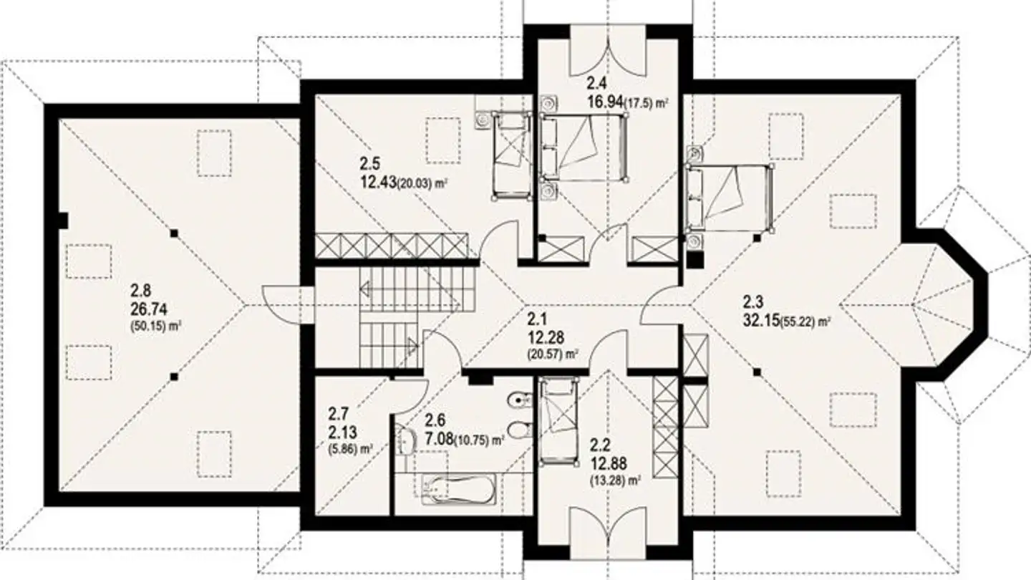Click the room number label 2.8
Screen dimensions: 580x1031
point(141,290)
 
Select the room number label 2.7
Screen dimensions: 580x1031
point(338,414)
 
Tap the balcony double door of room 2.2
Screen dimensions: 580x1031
point(608,533)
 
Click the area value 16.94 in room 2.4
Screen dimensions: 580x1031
point(604,102)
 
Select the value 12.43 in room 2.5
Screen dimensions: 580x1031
point(380,183)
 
